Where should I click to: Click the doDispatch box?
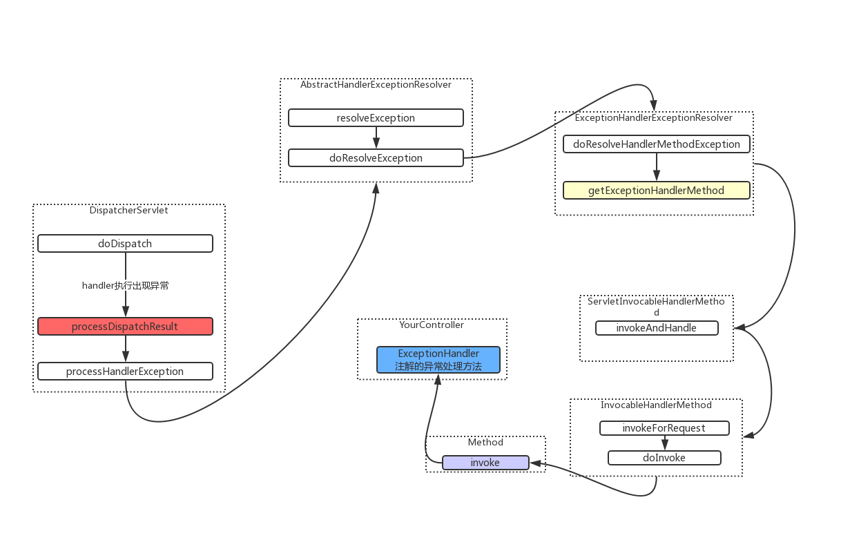click(x=126, y=243)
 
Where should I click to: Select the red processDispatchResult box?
click(x=126, y=327)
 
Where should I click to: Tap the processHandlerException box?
click(x=126, y=372)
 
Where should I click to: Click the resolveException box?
click(x=376, y=118)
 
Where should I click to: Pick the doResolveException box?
click(x=376, y=158)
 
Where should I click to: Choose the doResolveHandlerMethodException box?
click(x=657, y=144)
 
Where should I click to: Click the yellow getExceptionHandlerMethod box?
click(x=657, y=191)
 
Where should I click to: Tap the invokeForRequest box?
click(x=664, y=428)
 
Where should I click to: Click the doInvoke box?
click(x=664, y=458)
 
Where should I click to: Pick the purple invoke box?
click(x=485, y=463)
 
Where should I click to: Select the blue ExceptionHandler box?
click(x=438, y=360)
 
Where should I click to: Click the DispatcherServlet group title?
click(x=129, y=211)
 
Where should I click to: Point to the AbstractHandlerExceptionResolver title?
click(x=376, y=84)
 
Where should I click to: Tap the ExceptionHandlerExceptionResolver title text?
click(x=654, y=118)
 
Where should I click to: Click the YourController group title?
click(x=432, y=325)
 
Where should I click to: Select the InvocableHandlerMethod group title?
click(x=656, y=405)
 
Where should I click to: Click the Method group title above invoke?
click(x=485, y=442)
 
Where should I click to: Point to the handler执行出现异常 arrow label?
click(x=126, y=286)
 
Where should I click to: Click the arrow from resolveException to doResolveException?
click(x=376, y=138)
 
